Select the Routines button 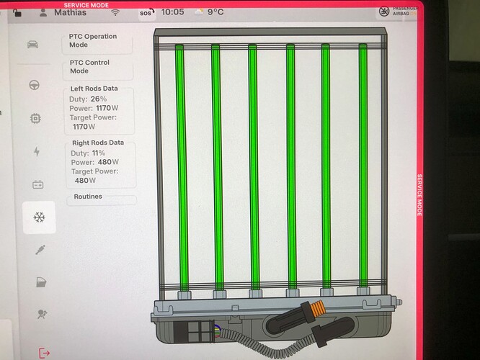pyautogui.click(x=102, y=197)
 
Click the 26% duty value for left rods pyautogui.click(x=99, y=99)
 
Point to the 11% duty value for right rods pyautogui.click(x=99, y=153)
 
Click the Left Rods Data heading pyautogui.click(x=94, y=89)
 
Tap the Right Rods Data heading pyautogui.click(x=98, y=143)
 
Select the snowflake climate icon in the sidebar pyautogui.click(x=39, y=217)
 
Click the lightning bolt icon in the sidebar pyautogui.click(x=37, y=151)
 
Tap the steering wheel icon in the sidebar pyautogui.click(x=35, y=85)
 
